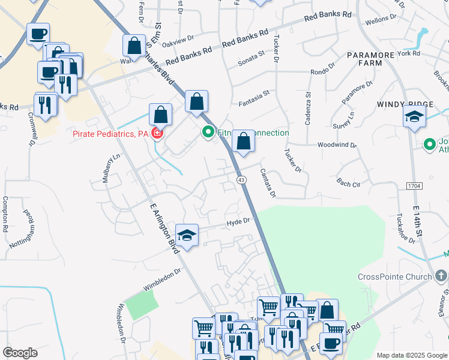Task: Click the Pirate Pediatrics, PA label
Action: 110,133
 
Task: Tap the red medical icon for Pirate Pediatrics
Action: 157,133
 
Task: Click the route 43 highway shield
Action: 241,179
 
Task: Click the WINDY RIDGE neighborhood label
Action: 405,104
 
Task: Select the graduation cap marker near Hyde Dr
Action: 187,235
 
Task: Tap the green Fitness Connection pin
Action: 208,132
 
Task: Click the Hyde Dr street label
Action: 238,221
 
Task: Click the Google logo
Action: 20,353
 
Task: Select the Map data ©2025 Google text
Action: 411,355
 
